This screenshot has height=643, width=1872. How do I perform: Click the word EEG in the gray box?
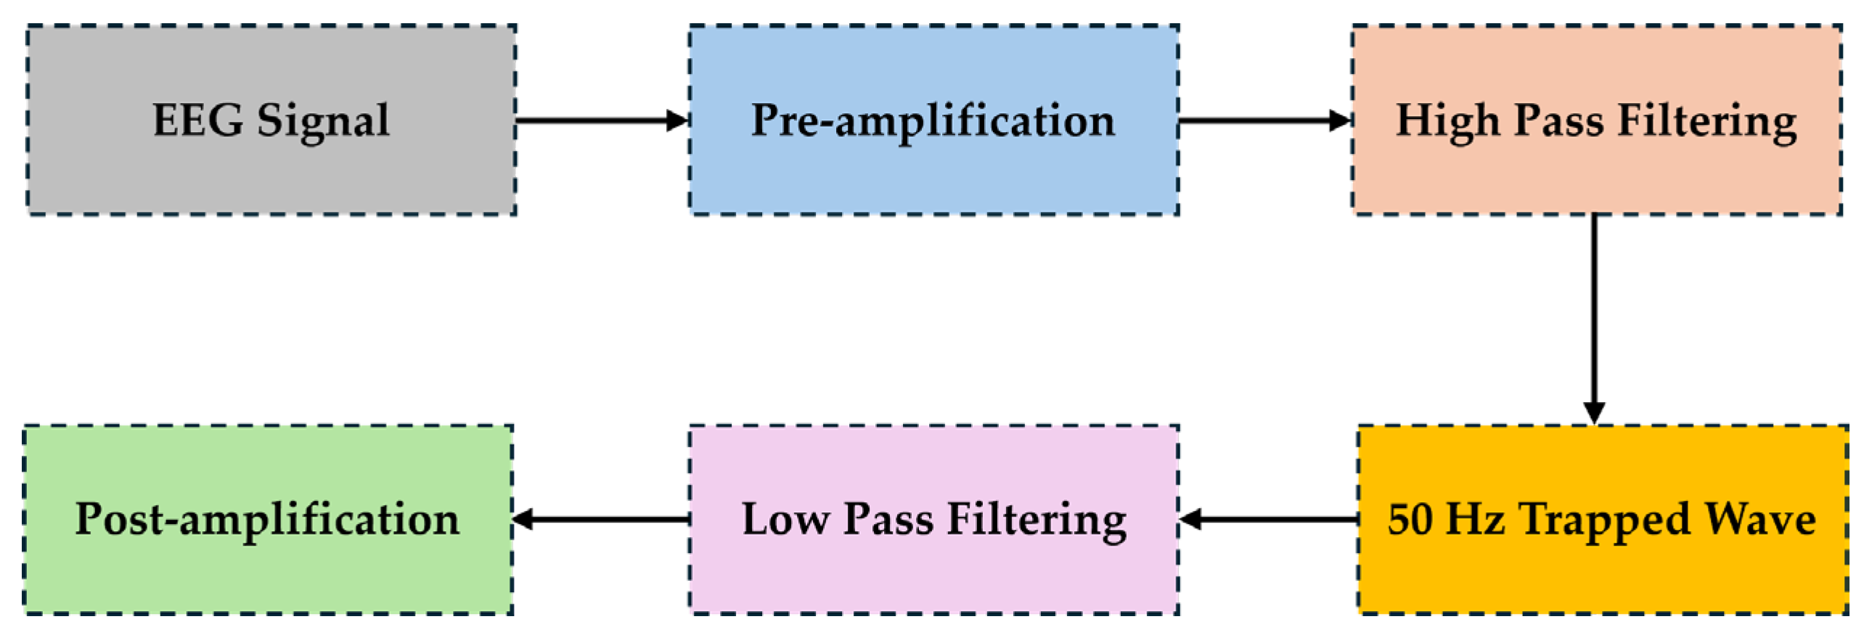197,120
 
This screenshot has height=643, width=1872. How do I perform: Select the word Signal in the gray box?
323,121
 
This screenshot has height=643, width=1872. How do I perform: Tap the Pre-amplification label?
932,121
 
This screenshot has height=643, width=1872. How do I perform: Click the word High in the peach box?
1447,121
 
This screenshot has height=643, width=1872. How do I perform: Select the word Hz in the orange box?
1475,519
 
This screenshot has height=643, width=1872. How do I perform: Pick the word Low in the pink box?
785,519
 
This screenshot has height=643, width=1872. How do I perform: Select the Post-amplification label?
267,520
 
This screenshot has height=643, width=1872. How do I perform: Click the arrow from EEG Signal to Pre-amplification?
602,120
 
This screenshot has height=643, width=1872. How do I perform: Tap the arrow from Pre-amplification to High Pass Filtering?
1264,120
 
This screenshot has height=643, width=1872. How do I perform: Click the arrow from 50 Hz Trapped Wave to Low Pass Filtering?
1269,519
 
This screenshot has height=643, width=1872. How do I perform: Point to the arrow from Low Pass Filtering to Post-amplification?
602,519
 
